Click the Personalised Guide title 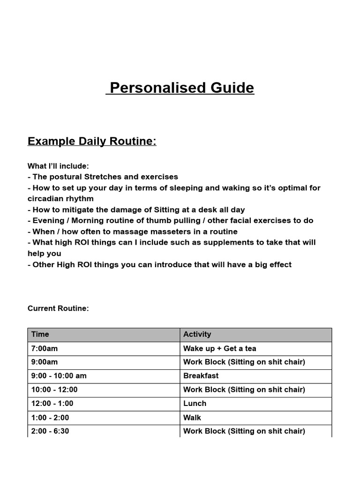point(180,88)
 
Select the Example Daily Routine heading point(92,141)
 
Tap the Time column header point(40,335)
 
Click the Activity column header point(197,335)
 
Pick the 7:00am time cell point(45,349)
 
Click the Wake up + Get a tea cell point(219,349)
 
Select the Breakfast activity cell point(201,376)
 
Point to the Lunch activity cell point(195,404)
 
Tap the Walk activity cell point(192,418)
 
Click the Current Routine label point(58,308)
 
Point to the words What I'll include point(58,166)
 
